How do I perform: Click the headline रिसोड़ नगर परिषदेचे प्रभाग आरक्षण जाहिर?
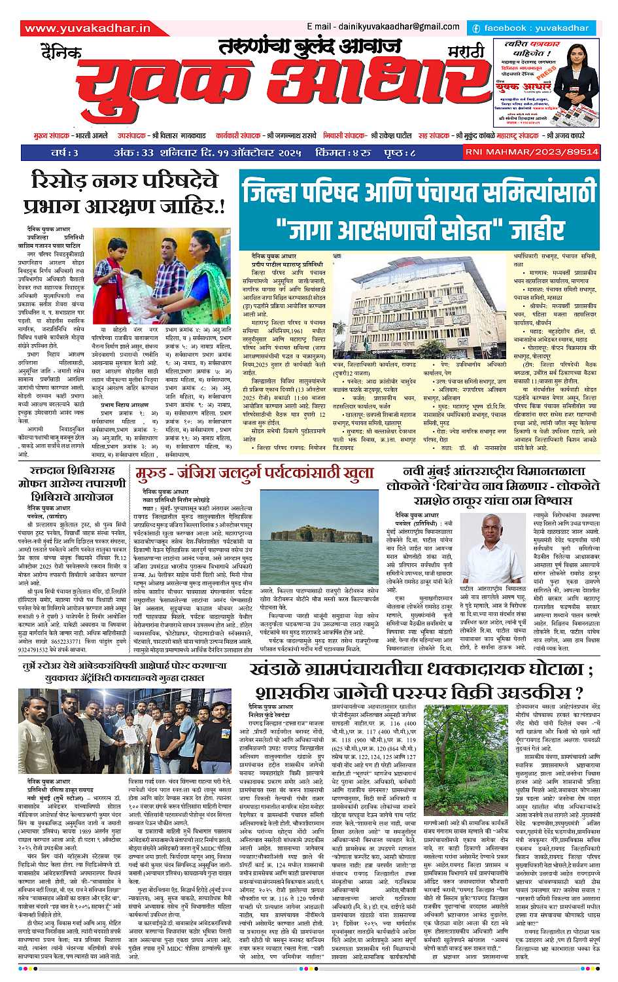(124, 193)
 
